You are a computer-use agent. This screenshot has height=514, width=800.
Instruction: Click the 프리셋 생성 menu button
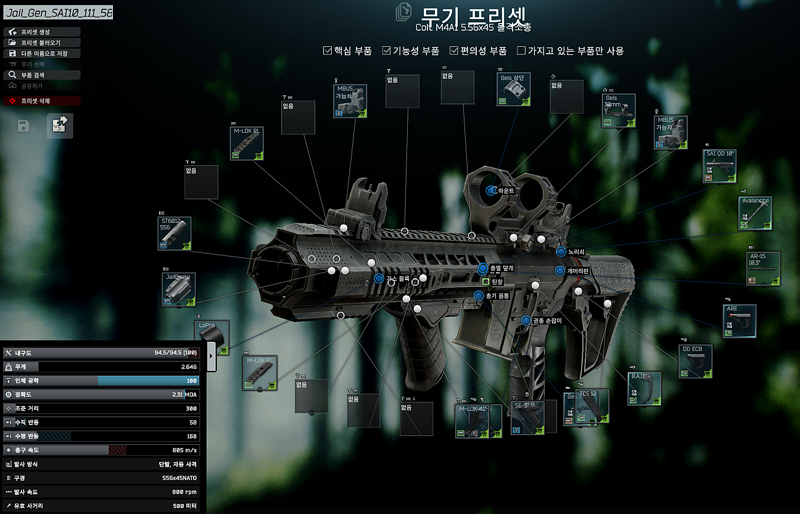click(x=42, y=32)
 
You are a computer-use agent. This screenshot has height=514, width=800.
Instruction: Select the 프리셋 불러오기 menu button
click(x=42, y=43)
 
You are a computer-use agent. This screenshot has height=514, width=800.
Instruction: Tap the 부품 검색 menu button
click(x=42, y=75)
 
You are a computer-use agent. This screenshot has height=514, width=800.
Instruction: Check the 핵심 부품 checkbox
click(x=328, y=51)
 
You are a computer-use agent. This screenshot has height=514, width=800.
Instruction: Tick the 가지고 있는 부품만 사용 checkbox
click(x=521, y=51)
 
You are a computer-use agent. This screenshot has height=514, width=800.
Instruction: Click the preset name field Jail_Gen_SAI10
click(x=58, y=13)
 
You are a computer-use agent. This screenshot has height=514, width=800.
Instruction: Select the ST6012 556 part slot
click(x=175, y=233)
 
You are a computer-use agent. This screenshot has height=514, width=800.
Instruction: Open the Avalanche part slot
click(x=756, y=213)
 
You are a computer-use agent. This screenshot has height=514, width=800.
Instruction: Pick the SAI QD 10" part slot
click(x=720, y=165)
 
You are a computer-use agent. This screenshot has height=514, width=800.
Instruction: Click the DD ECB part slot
click(x=696, y=361)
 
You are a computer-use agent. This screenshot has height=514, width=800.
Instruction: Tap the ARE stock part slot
click(x=740, y=321)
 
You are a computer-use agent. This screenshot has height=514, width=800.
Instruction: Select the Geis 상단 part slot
click(x=514, y=89)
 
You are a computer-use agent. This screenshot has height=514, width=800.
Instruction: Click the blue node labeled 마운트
click(x=491, y=191)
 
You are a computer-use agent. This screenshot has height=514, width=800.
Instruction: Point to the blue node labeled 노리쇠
click(x=561, y=252)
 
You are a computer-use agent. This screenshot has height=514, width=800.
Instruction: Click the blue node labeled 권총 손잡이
click(x=526, y=320)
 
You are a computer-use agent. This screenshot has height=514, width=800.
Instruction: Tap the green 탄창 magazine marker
click(x=485, y=281)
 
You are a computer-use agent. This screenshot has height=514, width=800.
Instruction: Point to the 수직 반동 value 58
click(x=192, y=422)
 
